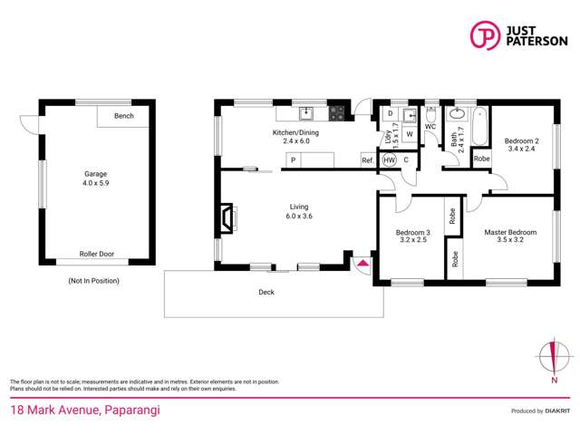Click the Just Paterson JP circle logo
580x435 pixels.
[x=485, y=35]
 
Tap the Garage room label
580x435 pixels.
[x=95, y=174]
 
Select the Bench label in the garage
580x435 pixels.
[x=124, y=116]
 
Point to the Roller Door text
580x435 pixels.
[x=97, y=254]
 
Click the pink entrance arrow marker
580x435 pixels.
[x=363, y=263]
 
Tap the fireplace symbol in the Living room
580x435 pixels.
[x=227, y=218]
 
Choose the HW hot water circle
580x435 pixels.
[x=389, y=160]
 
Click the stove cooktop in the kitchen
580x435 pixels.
[x=336, y=113]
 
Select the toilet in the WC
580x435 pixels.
[x=430, y=114]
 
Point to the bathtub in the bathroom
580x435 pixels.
[x=479, y=126]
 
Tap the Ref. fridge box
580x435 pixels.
[x=368, y=160]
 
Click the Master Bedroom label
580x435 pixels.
[x=510, y=232]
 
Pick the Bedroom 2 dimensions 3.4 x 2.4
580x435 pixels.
[x=522, y=149]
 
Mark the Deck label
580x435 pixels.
[x=266, y=292]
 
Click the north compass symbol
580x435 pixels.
[x=554, y=357]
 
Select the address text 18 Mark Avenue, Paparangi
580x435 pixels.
[x=85, y=411]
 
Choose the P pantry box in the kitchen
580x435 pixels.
[x=294, y=160]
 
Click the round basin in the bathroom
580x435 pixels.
[x=458, y=114]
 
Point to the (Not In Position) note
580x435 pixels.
[x=94, y=281]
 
